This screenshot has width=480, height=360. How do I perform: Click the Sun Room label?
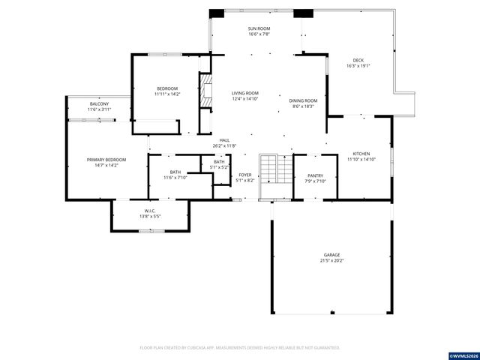259,28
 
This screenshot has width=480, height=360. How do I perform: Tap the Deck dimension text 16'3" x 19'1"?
358,66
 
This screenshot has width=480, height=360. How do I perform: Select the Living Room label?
244,93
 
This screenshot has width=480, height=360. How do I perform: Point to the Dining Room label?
304,100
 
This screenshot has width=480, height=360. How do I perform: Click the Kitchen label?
360,153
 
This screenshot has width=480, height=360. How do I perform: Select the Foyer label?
245,175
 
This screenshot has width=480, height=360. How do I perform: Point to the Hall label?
224,140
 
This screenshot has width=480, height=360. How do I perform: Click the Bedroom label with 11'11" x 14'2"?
167,89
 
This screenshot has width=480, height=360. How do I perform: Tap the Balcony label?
99,103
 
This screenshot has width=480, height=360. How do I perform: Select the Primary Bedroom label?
106,160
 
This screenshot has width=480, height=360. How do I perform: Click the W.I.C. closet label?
149,211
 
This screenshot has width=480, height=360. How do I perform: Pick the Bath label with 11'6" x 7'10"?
175,172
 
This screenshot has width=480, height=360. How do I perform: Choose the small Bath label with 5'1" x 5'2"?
219,162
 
